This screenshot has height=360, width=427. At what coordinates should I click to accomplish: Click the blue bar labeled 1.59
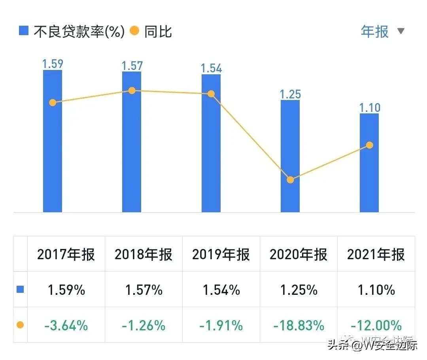pyautogui.click(x=53, y=158)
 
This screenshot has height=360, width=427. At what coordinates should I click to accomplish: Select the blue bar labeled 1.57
pyautogui.click(x=132, y=158)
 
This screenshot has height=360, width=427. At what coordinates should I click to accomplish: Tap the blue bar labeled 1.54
pyautogui.click(x=211, y=158)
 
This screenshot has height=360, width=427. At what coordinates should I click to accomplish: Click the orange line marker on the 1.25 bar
pyautogui.click(x=290, y=180)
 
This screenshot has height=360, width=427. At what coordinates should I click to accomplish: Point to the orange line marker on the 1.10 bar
pyautogui.click(x=369, y=145)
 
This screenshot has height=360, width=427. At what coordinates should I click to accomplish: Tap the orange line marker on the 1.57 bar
pyautogui.click(x=132, y=90)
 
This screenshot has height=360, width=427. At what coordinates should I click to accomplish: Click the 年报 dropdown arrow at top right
pyautogui.click(x=401, y=31)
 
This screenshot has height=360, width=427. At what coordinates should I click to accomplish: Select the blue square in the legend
pyautogui.click(x=24, y=31)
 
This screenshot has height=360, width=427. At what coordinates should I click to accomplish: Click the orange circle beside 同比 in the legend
pyautogui.click(x=134, y=31)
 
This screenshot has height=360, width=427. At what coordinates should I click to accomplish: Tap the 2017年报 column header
pyautogui.click(x=66, y=254)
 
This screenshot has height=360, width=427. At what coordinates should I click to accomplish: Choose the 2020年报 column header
pyautogui.click(x=299, y=254)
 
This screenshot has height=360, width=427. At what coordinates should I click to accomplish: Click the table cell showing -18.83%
pyautogui.click(x=299, y=325)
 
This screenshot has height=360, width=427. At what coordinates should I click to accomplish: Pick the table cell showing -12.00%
pyautogui.click(x=376, y=325)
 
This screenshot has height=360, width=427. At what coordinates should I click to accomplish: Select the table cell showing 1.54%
pyautogui.click(x=221, y=290)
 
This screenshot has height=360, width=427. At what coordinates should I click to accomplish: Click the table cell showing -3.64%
pyautogui.click(x=66, y=325)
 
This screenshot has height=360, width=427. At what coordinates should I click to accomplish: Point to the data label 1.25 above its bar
pyautogui.click(x=290, y=94)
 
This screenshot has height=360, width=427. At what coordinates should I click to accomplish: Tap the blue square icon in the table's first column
pyautogui.click(x=20, y=290)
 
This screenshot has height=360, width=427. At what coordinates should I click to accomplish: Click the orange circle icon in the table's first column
pyautogui.click(x=20, y=325)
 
